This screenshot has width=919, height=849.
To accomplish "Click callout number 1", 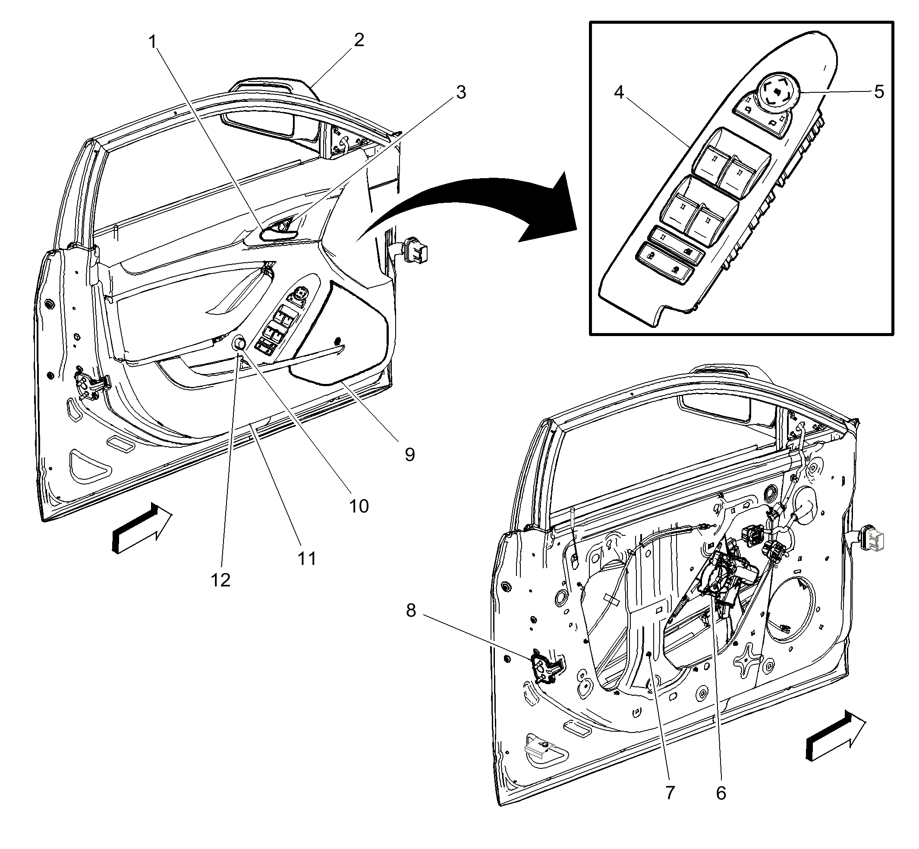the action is coord(153,42).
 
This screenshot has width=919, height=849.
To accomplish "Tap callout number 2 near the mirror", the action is coord(359,40).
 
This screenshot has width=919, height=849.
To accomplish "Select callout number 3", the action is coord(461,92).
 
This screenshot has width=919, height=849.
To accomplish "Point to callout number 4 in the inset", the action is coord(619,92).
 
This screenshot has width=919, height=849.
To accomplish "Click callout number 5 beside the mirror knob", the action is coord(878,92).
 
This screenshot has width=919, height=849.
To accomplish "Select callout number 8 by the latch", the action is coord(411,610).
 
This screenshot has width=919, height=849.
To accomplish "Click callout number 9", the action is coord(409,454).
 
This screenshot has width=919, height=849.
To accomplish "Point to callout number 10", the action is coord(359,506).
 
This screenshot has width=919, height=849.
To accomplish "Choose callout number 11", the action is coord(307,559).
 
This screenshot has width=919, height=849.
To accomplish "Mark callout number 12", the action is coord(220,580).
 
